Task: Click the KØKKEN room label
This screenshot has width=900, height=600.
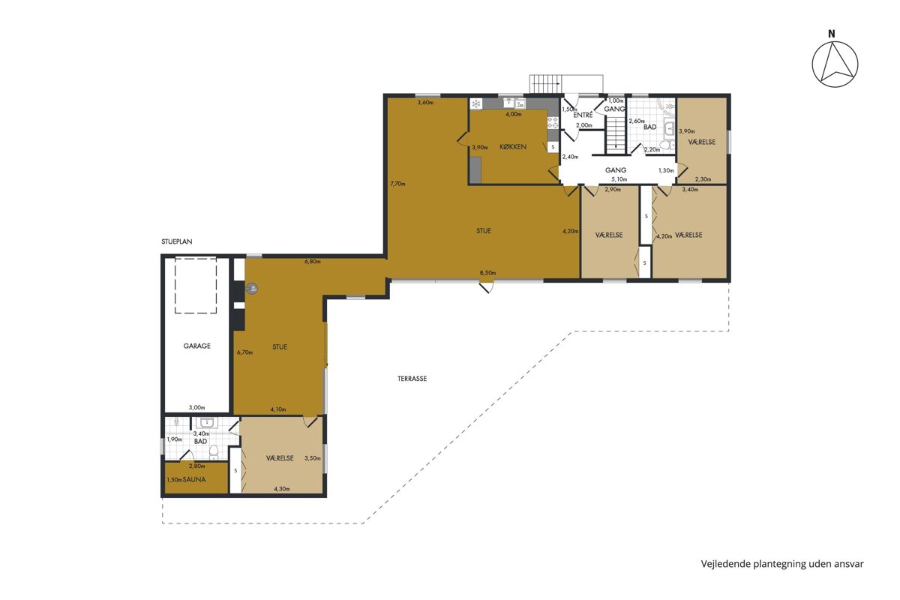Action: click(513, 147)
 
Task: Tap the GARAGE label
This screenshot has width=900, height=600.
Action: click(196, 346)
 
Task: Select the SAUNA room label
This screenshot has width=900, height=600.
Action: click(194, 479)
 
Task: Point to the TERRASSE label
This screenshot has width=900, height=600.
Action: click(412, 379)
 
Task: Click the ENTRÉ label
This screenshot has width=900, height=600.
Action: click(583, 115)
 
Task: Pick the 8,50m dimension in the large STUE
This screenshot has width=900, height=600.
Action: click(487, 273)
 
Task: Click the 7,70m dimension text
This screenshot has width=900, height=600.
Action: click(397, 184)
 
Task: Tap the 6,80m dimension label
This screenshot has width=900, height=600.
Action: click(313, 262)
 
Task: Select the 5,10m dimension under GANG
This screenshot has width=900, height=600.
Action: click(619, 179)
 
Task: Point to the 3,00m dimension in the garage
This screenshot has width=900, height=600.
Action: click(196, 407)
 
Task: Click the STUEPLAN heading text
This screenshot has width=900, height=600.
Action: click(177, 241)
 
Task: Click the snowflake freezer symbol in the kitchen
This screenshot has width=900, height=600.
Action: click(476, 104)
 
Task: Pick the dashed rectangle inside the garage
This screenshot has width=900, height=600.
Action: click(196, 285)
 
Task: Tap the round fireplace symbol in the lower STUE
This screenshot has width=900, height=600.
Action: click(252, 288)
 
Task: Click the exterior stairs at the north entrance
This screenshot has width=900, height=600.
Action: click(545, 84)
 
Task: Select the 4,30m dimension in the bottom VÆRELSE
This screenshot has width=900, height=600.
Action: click(282, 489)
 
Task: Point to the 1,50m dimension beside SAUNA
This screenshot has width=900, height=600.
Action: click(174, 480)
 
